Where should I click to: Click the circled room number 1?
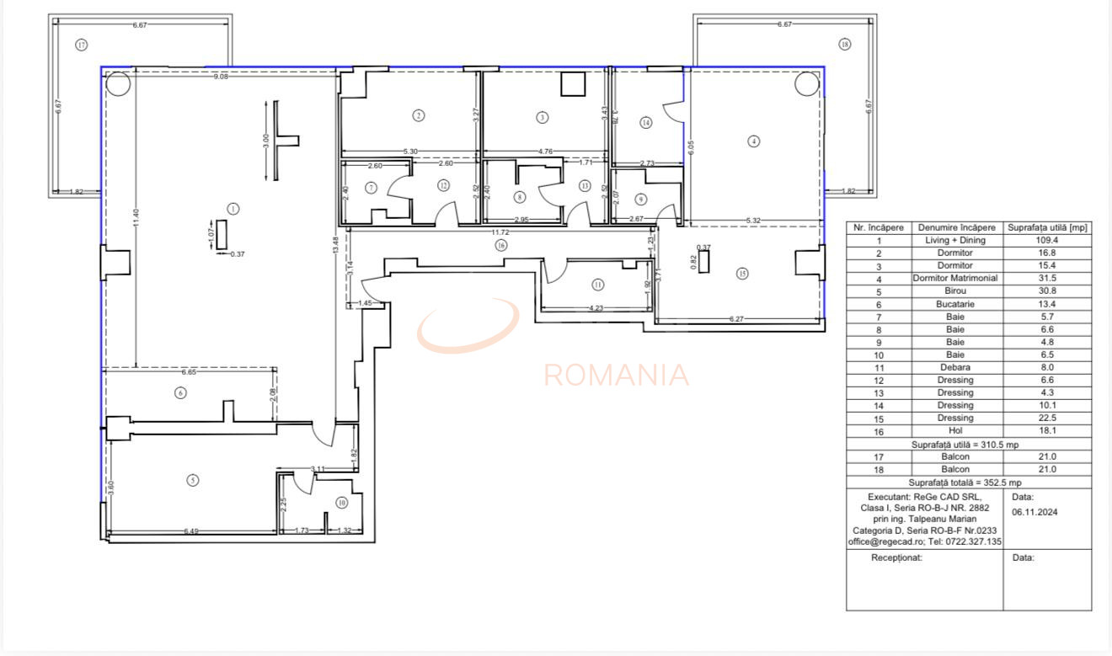233,208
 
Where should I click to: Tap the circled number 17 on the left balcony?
81,45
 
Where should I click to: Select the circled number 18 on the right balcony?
845,45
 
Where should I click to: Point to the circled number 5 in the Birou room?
193,480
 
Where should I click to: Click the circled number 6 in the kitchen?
179,392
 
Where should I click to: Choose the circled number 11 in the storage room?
597,284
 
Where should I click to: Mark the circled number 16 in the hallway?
501,245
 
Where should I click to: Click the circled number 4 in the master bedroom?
754,141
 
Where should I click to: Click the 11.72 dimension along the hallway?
501,232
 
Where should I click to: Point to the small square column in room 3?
574,85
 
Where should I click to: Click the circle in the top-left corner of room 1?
117,83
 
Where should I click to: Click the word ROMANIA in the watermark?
616,375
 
